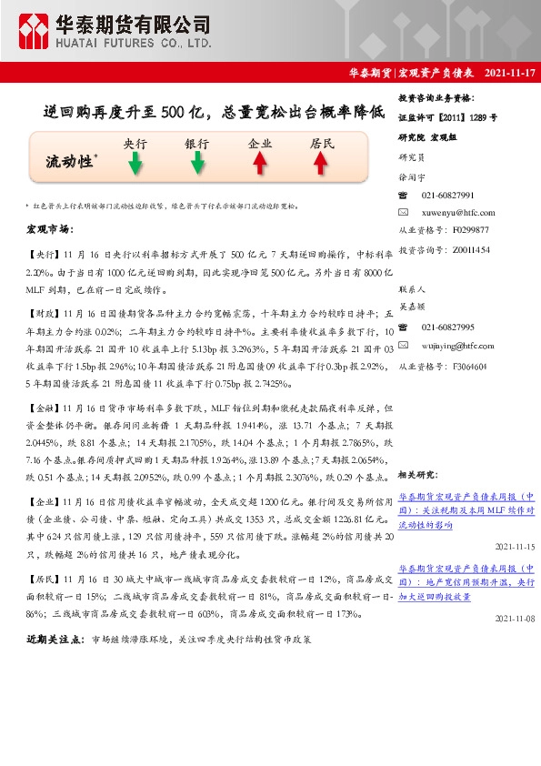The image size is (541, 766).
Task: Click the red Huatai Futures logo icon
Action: (35, 33)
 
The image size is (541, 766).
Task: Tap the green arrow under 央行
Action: (135, 163)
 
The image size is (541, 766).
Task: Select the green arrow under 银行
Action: (196, 163)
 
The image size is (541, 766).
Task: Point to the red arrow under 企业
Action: (259, 163)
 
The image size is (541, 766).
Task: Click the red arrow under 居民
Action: (320, 163)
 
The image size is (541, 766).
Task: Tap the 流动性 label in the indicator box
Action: (70, 162)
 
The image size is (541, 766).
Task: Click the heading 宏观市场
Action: (50, 228)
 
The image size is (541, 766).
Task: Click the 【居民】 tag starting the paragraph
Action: (41, 578)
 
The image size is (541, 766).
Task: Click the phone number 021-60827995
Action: (447, 327)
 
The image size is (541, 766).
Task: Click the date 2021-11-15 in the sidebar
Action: (515, 546)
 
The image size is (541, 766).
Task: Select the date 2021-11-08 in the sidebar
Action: (515, 618)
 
